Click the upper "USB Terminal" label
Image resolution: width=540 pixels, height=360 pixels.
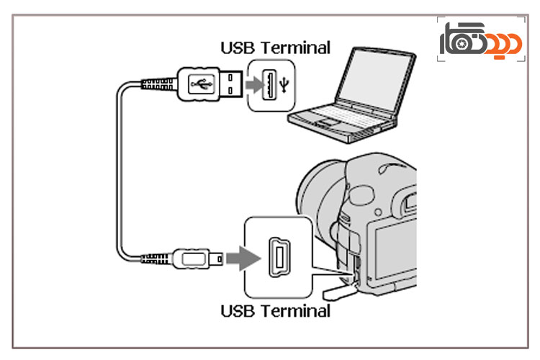point(275,48)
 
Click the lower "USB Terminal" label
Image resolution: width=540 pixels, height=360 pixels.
point(275,311)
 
